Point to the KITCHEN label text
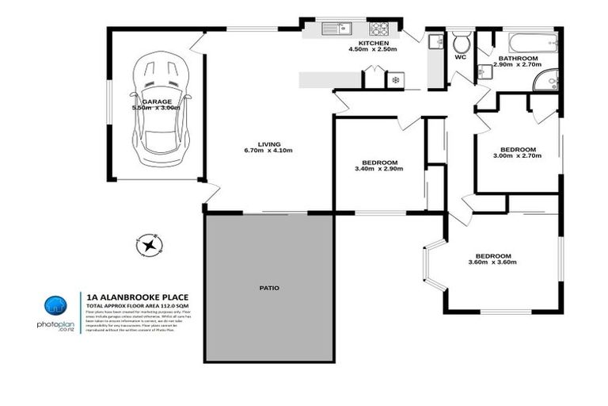(x=373, y=43)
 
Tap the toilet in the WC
(x=461, y=41)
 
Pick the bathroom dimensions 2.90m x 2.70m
(x=516, y=66)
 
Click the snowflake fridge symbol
(x=395, y=80)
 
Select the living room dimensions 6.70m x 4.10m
(x=268, y=151)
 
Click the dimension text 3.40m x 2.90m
(x=378, y=169)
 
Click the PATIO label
(x=269, y=288)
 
